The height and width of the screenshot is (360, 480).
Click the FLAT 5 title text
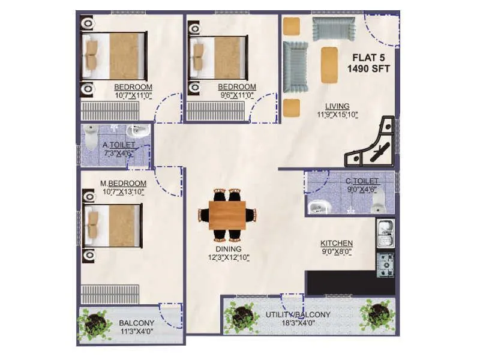[368, 58]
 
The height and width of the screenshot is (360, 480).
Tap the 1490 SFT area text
[368, 69]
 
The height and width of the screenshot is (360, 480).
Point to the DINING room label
[228, 249]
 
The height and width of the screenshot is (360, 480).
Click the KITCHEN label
[336, 243]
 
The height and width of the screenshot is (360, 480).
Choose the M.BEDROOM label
[124, 183]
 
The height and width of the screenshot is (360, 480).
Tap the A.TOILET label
[118, 145]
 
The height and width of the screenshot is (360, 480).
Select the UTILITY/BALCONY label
[298, 314]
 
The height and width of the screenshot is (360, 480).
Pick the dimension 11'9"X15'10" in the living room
[337, 115]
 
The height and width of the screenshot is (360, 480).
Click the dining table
[227, 214]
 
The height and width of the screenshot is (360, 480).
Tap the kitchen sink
[384, 231]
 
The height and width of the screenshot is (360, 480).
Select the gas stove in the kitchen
[385, 263]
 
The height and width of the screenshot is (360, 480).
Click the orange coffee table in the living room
[329, 64]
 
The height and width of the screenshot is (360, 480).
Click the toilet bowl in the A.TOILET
[91, 137]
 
